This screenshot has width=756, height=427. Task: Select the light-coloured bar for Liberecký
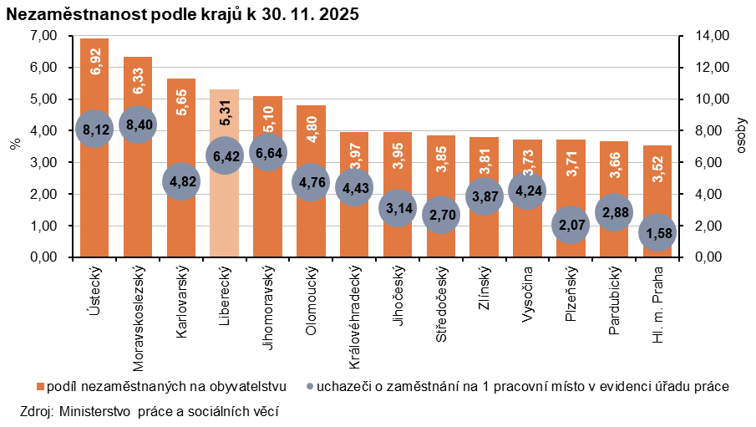[x=224, y=209]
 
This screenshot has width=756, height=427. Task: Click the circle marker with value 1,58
[x=657, y=232]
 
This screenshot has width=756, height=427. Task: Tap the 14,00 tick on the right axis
[x=699, y=36]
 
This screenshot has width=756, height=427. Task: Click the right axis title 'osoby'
[x=743, y=135]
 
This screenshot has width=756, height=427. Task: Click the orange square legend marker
[x=40, y=387]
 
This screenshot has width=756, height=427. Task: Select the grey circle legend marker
[x=312, y=387]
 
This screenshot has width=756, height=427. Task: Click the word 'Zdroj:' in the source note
[x=36, y=411]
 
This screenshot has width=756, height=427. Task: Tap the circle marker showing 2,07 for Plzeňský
[x=570, y=225]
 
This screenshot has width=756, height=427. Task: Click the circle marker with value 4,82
[x=180, y=181]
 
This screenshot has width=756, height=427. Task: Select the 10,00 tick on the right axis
[x=699, y=99]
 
